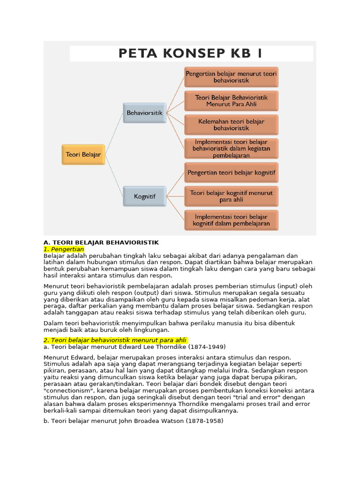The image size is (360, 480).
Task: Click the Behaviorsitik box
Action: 144,113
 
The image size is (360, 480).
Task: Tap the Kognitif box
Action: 144,196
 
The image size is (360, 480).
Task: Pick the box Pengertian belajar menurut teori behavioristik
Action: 231,77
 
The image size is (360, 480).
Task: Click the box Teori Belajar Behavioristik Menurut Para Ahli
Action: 231,101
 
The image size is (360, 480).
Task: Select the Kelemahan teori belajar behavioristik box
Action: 231,125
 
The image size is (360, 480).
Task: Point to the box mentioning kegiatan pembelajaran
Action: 231,149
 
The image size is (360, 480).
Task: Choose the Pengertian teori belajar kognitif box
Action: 231,172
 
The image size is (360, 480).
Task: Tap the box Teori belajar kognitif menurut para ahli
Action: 231,196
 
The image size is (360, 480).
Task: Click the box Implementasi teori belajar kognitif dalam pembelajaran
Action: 231,220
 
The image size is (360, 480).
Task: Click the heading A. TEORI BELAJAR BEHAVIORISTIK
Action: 101,242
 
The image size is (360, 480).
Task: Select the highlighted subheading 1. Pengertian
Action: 64,249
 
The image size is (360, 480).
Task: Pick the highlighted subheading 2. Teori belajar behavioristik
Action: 115,340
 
